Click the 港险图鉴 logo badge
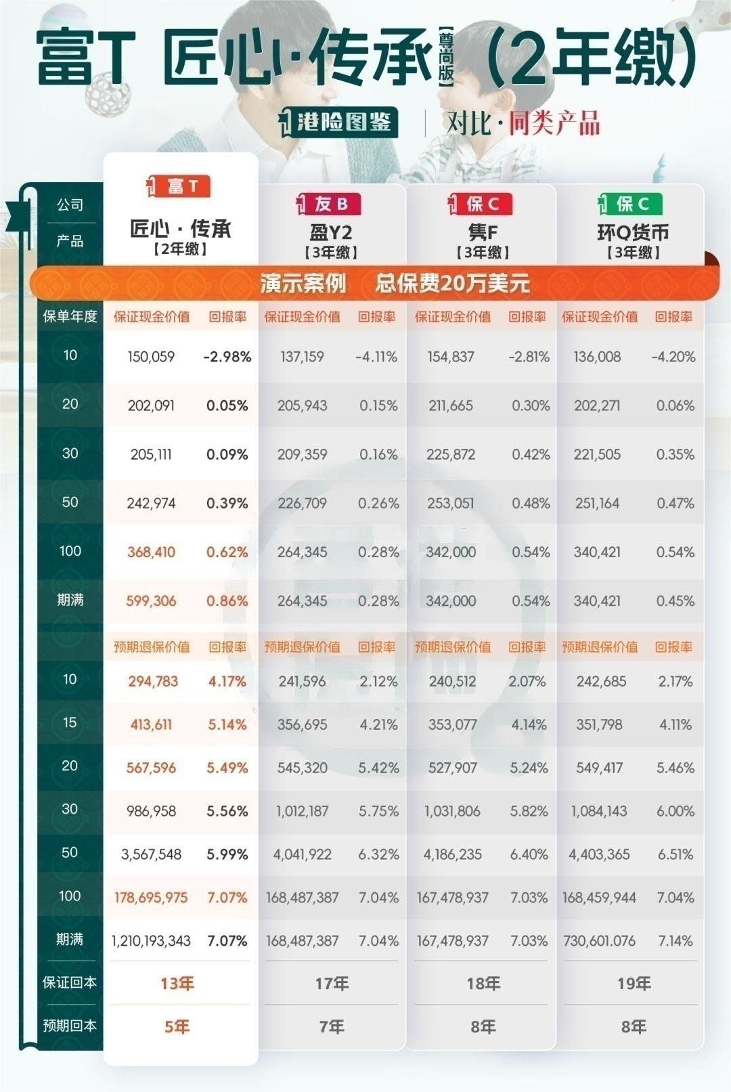(338, 123)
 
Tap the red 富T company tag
(179, 186)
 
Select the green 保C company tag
(630, 204)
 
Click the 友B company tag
(330, 204)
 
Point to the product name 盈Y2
(331, 233)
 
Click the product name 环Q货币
(633, 233)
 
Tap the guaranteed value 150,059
(151, 357)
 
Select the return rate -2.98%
(227, 357)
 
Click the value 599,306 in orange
(151, 600)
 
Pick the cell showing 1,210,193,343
(151, 940)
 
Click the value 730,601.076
(599, 940)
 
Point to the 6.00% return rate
(675, 811)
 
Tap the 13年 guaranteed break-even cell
(177, 983)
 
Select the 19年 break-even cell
(634, 983)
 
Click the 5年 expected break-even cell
(177, 1026)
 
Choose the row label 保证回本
(70, 982)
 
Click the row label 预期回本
(70, 1026)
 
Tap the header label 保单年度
(70, 316)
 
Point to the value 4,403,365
(599, 854)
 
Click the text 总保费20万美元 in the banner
(452, 283)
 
